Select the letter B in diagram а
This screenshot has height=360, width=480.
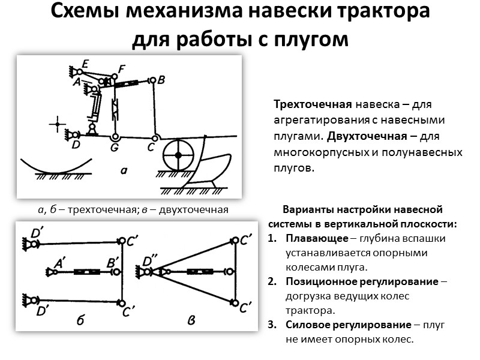click(161, 80)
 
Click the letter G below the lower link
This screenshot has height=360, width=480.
click(115, 146)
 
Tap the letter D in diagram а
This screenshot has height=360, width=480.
click(76, 145)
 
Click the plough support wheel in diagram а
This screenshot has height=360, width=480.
click(178, 155)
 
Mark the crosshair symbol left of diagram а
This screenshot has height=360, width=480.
click(58, 125)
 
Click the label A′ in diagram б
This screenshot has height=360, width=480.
click(61, 262)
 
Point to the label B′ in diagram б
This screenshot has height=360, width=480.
click(112, 262)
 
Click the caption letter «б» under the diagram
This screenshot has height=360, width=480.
click(80, 321)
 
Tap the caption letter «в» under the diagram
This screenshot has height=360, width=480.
click(191, 321)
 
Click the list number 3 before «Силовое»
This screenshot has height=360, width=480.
click(271, 325)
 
